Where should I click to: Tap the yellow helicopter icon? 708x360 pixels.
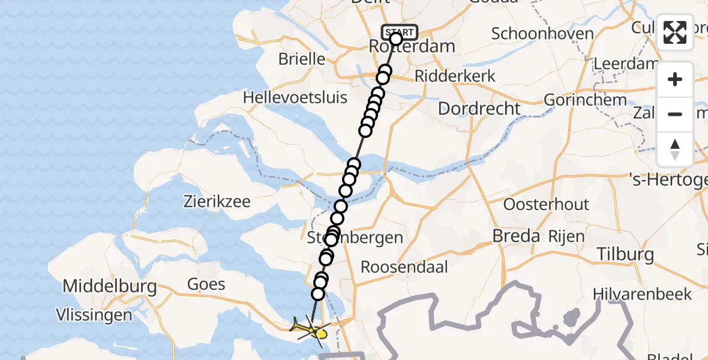pyautogui.click(x=310, y=329)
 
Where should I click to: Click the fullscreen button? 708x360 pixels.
pyautogui.click(x=675, y=32)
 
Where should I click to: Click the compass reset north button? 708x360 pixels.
pyautogui.click(x=675, y=149)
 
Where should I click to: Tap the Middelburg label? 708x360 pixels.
pyautogui.click(x=110, y=286)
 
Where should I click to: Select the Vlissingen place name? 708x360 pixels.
pyautogui.click(x=94, y=315)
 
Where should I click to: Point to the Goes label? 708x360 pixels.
pyautogui.click(x=206, y=284)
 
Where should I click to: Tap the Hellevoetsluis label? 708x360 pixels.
pyautogui.click(x=295, y=97)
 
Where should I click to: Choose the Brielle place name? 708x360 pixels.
pyautogui.click(x=302, y=59)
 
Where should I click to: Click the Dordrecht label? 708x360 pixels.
pyautogui.click(x=479, y=109)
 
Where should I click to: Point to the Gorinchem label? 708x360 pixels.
pyautogui.click(x=585, y=100)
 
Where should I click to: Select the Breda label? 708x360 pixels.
pyautogui.click(x=515, y=236)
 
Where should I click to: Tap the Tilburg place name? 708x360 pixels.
pyautogui.click(x=625, y=254)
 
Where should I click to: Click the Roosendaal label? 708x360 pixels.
pyautogui.click(x=404, y=267)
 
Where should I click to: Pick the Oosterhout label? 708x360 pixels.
pyautogui.click(x=546, y=204)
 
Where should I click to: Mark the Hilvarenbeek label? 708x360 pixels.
pyautogui.click(x=642, y=294)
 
